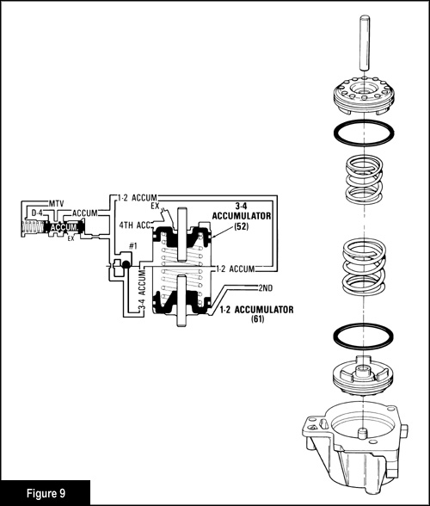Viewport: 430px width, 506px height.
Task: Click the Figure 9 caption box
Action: [x=46, y=493]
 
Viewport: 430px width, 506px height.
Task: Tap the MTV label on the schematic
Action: [x=57, y=204]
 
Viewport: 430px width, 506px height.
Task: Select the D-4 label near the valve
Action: [x=37, y=213]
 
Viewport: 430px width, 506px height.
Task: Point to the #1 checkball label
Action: [x=133, y=246]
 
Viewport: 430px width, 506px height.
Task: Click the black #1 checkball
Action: [x=126, y=265]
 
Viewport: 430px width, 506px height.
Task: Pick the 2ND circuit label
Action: [x=266, y=287]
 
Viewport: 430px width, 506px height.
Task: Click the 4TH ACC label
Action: [x=135, y=225]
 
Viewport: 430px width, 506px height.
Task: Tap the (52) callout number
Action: [x=242, y=226]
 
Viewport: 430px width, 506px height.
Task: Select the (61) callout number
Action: [x=257, y=319]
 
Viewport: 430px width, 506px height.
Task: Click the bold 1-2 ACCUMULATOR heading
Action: [x=257, y=310]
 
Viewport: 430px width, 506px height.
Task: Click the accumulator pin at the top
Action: [x=364, y=42]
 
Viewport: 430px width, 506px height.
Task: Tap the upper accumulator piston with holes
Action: [x=364, y=96]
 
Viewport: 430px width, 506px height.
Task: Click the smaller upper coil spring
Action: [x=364, y=179]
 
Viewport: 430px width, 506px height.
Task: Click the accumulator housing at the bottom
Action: [x=355, y=452]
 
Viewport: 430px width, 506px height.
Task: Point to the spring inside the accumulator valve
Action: [x=34, y=228]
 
